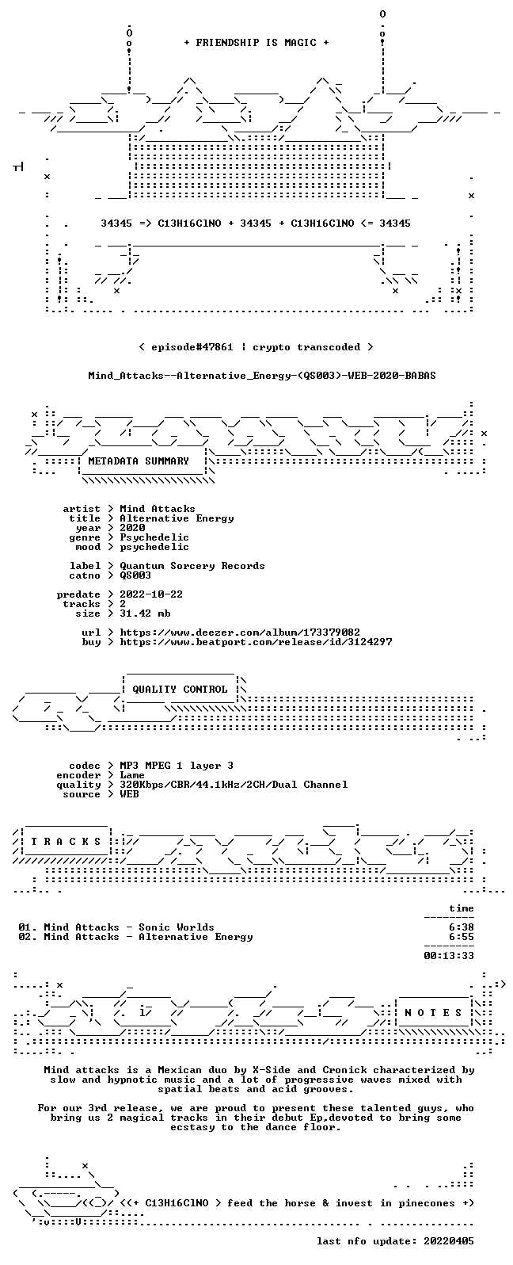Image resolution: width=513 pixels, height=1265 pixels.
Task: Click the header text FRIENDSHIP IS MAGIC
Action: click(x=256, y=43)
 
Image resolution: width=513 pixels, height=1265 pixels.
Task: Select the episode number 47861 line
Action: click(x=256, y=347)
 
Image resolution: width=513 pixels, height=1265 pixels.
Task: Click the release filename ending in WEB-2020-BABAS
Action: click(x=262, y=376)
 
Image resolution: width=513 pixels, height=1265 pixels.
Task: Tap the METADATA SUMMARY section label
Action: click(x=139, y=461)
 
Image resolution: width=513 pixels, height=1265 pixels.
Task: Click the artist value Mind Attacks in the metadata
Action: click(x=158, y=509)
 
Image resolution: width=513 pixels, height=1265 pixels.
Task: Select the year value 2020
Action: click(x=132, y=528)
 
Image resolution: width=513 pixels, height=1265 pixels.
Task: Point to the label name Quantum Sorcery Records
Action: click(x=192, y=566)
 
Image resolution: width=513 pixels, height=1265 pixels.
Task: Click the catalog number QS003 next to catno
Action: click(x=135, y=575)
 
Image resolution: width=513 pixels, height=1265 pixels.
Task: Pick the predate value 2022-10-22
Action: click(x=151, y=594)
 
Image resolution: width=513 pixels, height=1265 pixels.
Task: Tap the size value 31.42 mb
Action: click(x=145, y=613)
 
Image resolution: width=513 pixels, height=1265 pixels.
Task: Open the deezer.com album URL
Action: click(x=240, y=632)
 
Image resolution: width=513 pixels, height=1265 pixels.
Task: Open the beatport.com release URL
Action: click(x=256, y=642)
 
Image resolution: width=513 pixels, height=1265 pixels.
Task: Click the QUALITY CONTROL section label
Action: click(x=180, y=690)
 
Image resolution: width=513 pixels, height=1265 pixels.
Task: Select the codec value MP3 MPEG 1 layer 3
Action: click(x=177, y=766)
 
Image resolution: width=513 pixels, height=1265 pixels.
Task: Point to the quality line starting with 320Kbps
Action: click(x=234, y=785)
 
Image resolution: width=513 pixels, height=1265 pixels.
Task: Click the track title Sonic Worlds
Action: click(x=177, y=927)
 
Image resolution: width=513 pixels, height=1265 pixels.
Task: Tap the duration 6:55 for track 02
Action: click(x=462, y=937)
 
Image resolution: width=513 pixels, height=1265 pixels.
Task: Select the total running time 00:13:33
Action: click(x=449, y=956)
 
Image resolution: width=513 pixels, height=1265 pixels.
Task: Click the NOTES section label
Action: click(x=433, y=1013)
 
